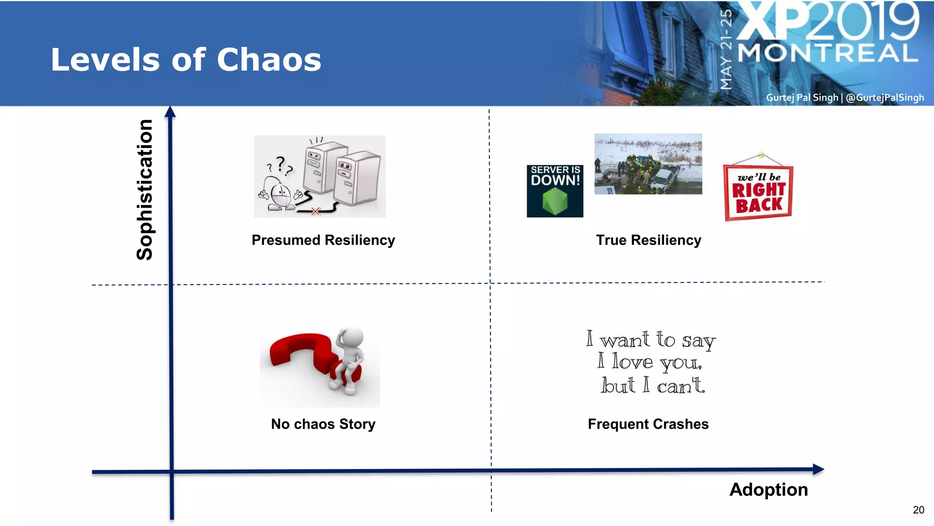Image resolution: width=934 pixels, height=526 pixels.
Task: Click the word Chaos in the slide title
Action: click(x=269, y=60)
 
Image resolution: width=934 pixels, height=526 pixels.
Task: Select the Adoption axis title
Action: click(x=768, y=490)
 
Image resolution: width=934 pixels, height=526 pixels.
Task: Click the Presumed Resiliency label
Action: click(x=323, y=240)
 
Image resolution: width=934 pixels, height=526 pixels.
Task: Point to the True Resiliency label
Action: click(x=648, y=240)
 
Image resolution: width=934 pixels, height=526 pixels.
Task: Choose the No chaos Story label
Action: click(x=323, y=424)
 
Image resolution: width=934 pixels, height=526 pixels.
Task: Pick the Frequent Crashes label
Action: click(x=648, y=424)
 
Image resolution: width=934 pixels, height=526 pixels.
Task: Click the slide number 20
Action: click(x=918, y=510)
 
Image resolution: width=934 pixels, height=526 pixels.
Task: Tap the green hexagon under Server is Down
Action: click(x=555, y=201)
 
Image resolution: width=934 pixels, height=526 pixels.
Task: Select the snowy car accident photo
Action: click(x=648, y=164)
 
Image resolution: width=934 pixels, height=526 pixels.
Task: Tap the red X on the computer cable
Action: click(x=315, y=211)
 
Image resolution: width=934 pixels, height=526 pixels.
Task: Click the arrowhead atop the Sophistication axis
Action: click(x=170, y=112)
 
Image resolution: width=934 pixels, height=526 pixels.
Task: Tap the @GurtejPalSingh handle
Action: click(x=884, y=98)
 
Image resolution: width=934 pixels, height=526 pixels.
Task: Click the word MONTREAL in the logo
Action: click(x=827, y=53)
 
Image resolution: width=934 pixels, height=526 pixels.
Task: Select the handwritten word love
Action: click(x=633, y=362)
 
